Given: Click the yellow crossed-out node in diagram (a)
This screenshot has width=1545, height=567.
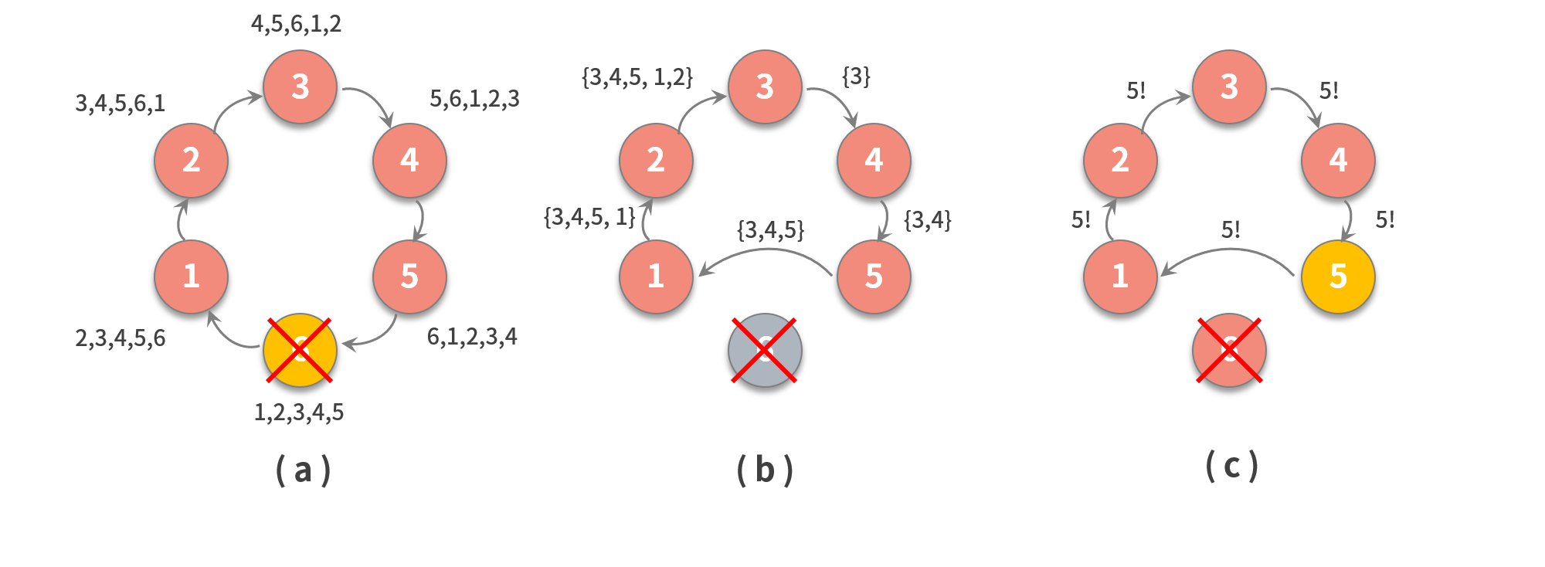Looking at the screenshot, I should tap(300, 350).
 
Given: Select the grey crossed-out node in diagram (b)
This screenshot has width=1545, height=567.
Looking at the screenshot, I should tap(765, 350).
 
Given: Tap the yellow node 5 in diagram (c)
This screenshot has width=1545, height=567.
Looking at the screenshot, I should tap(1338, 277).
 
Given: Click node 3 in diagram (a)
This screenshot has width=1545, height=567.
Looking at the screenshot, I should tap(300, 87).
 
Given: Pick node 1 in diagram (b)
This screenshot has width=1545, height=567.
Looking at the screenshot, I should tap(656, 277).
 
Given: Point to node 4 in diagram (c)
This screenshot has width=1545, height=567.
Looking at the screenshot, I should tap(1338, 160).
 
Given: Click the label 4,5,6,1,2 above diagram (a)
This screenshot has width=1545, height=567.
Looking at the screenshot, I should tap(296, 24).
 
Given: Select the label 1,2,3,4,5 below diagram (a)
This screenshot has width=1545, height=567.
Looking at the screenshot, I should tap(299, 413).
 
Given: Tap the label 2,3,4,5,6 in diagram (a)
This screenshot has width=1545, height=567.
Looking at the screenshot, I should tap(120, 338).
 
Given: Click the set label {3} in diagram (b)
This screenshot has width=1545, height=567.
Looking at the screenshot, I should tap(856, 76).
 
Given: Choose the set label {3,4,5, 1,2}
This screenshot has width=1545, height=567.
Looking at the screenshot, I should tap(637, 77).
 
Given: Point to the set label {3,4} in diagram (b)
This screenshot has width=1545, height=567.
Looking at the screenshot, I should tap(927, 220).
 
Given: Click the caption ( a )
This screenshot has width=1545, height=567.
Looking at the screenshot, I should tap(303, 470).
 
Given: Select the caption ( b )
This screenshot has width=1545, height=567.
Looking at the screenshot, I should tap(765, 470).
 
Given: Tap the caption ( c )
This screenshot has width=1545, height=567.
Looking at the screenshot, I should tap(1232, 466).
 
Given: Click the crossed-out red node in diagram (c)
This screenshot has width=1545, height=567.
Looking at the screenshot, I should tap(1229, 350).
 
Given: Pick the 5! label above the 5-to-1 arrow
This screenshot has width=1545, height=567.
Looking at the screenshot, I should tap(1231, 230).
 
